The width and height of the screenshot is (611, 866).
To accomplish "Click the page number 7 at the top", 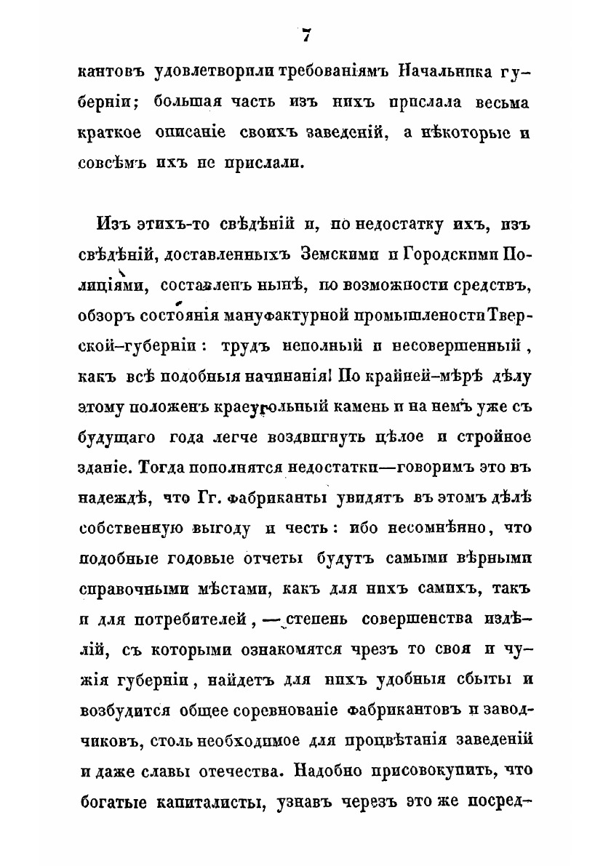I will pos(305,35).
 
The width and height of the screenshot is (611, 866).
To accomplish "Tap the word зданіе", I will pos(102,465).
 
